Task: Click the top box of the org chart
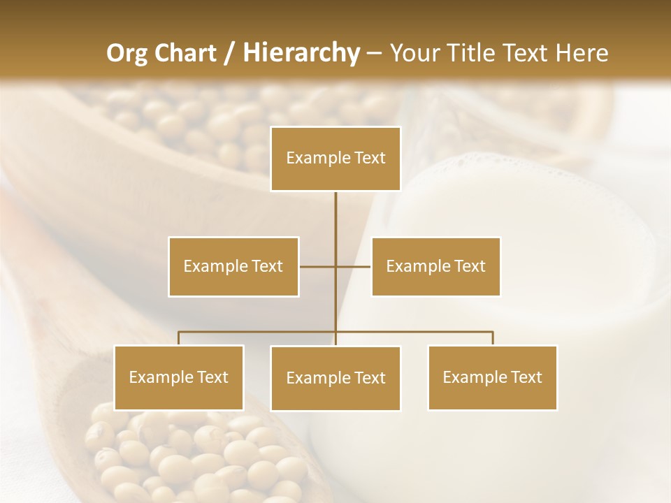click(x=335, y=159)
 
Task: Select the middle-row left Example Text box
click(x=233, y=266)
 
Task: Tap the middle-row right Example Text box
click(x=435, y=266)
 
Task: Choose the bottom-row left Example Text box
click(x=179, y=377)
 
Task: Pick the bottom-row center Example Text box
click(x=335, y=378)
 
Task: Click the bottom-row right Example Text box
click(x=493, y=377)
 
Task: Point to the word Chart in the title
click(x=185, y=53)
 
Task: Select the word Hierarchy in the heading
click(x=301, y=53)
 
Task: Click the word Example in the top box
click(x=312, y=159)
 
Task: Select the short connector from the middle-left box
click(x=317, y=266)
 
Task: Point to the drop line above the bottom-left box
click(x=179, y=338)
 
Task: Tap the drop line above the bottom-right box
click(x=493, y=338)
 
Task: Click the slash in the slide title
click(x=229, y=53)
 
